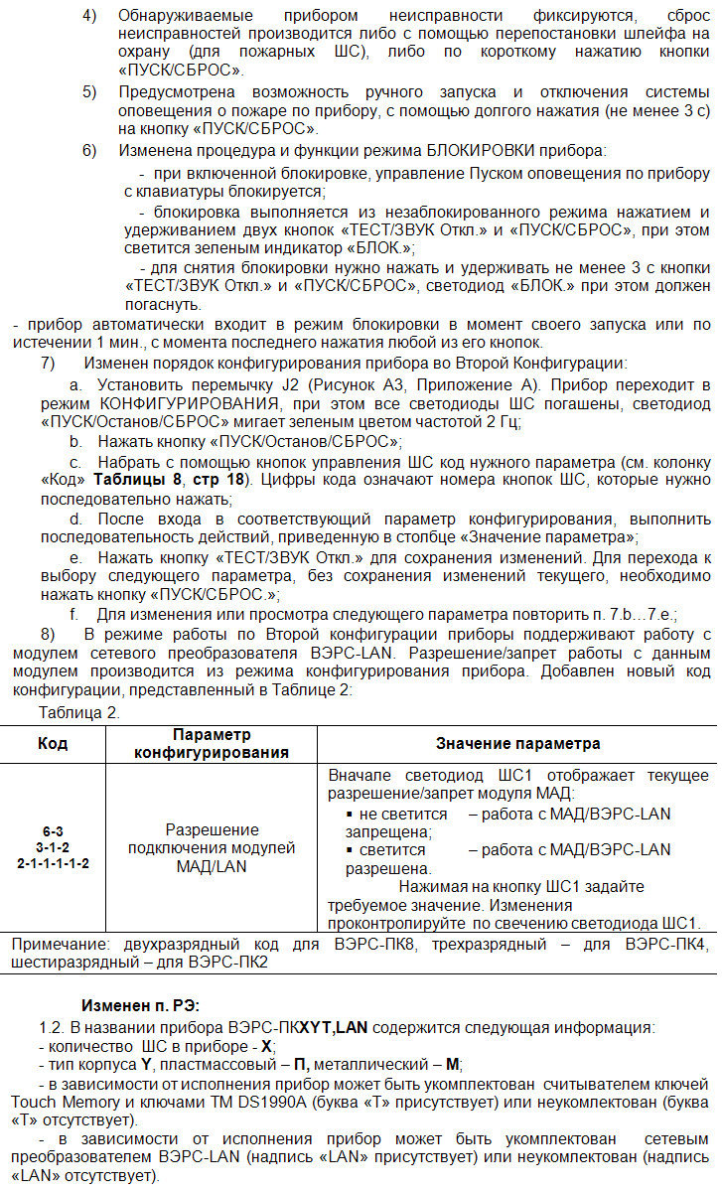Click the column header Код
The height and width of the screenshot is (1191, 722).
[53, 743]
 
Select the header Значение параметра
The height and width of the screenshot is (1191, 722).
[517, 743]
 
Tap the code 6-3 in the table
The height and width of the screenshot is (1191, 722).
[53, 829]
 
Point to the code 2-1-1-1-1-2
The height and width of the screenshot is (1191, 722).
[53, 863]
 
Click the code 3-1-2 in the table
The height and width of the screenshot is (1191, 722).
[53, 846]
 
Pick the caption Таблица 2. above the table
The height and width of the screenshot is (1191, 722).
[78, 712]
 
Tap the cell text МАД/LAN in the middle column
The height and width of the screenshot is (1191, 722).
[212, 865]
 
